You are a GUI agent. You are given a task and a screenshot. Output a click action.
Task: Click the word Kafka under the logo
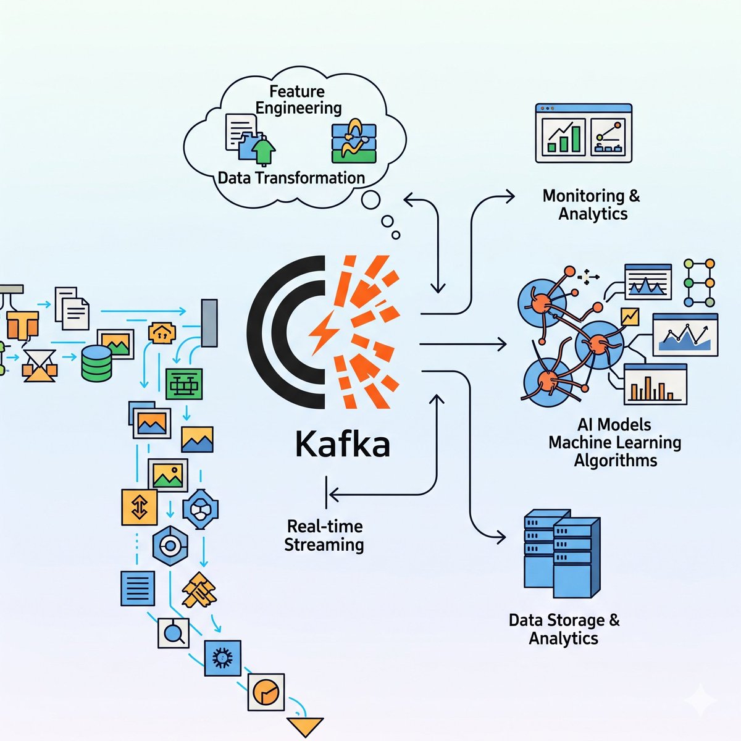click(x=343, y=444)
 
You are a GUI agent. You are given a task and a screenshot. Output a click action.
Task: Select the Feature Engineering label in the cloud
click(x=298, y=100)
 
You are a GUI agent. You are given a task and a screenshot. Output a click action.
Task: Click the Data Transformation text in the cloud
click(x=291, y=178)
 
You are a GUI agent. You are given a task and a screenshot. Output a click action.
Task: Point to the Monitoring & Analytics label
click(x=592, y=205)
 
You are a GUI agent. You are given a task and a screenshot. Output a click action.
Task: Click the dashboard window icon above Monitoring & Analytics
click(x=584, y=133)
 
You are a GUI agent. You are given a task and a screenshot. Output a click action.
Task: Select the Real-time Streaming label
click(x=324, y=535)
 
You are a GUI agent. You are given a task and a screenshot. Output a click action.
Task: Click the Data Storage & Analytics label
click(x=564, y=629)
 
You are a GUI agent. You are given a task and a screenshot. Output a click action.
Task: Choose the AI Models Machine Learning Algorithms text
click(x=614, y=443)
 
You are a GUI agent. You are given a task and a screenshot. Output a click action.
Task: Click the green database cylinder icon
click(x=97, y=363)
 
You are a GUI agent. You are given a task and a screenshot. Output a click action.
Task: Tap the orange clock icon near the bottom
click(x=266, y=691)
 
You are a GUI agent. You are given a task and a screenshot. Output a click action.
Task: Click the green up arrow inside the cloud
click(x=264, y=151)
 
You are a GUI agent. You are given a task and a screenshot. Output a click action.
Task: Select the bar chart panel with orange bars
click(x=655, y=384)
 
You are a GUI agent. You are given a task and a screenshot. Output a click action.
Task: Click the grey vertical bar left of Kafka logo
click(x=209, y=323)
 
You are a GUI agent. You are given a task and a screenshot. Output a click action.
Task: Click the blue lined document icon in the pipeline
click(x=138, y=588)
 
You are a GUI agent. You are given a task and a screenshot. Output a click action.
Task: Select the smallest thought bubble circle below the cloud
click(x=396, y=235)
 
